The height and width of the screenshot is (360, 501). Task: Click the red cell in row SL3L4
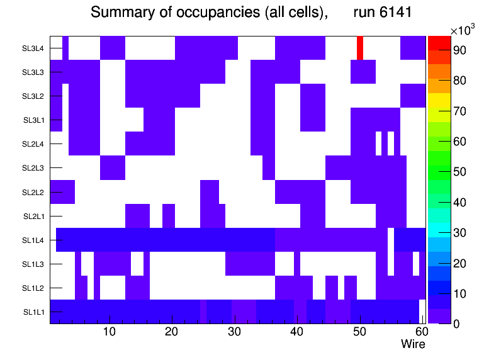click(360, 48)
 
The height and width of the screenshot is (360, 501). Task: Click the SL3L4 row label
click(33, 48)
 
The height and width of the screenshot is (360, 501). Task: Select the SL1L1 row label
click(33, 312)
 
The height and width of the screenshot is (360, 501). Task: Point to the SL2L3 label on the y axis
click(33, 168)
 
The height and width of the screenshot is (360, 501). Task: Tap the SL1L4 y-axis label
click(33, 240)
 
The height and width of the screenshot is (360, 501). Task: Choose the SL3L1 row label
click(33, 120)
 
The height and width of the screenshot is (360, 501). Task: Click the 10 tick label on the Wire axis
click(110, 332)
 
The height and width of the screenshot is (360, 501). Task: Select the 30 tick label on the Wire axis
click(235, 332)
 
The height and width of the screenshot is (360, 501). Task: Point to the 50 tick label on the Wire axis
click(359, 332)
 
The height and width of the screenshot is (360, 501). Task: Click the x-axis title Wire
click(413, 344)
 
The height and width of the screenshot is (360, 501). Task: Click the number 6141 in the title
click(393, 13)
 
